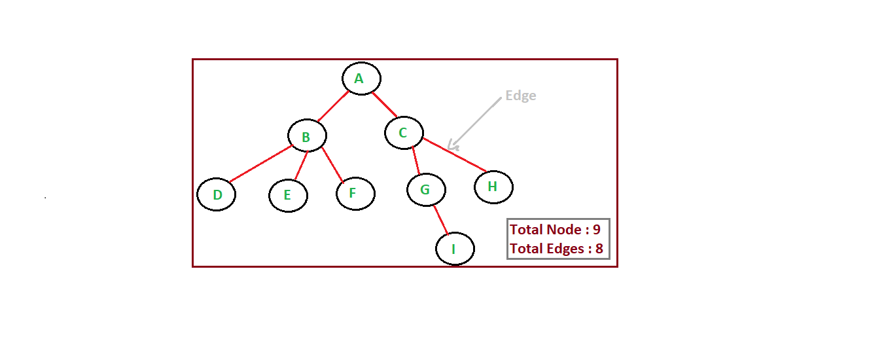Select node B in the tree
click(307, 137)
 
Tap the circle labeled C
click(404, 133)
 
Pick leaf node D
click(216, 194)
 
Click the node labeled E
click(288, 195)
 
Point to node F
click(355, 194)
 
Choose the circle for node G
click(426, 190)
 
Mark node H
click(493, 187)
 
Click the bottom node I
click(454, 249)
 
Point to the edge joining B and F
click(332, 164)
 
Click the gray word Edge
click(521, 96)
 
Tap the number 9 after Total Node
click(596, 230)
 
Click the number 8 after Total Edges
click(599, 249)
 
